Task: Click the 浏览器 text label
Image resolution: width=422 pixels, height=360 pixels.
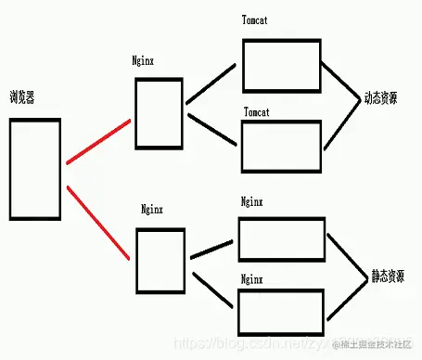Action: (22, 96)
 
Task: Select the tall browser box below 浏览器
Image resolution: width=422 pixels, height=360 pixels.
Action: (34, 168)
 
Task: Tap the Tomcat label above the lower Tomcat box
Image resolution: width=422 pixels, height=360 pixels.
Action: (257, 111)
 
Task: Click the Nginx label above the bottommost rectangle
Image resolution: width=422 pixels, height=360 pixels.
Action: (251, 277)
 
